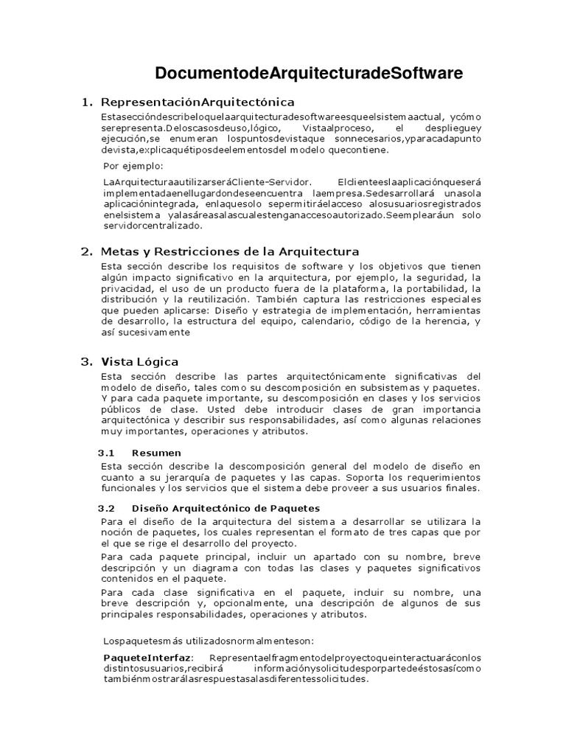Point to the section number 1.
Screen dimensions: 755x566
85,101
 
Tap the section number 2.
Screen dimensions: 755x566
85,251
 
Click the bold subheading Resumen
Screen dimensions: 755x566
156,452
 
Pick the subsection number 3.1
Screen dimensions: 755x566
108,452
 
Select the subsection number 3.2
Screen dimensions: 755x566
108,508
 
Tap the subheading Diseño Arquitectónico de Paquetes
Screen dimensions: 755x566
226,508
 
